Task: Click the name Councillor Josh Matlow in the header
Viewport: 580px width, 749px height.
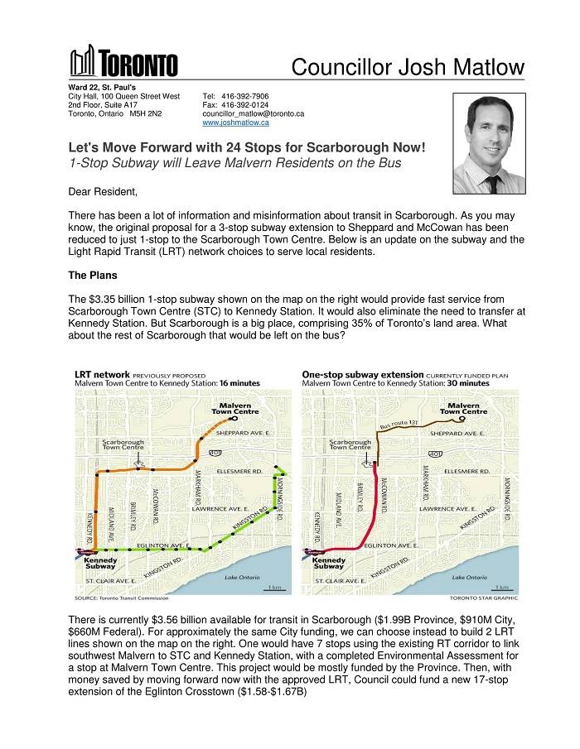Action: point(408,65)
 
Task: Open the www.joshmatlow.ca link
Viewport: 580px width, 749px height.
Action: point(236,122)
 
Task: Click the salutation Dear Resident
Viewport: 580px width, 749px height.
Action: point(103,192)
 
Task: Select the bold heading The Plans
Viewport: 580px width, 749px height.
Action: point(93,275)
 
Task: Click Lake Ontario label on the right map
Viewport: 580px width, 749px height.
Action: point(471,577)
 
